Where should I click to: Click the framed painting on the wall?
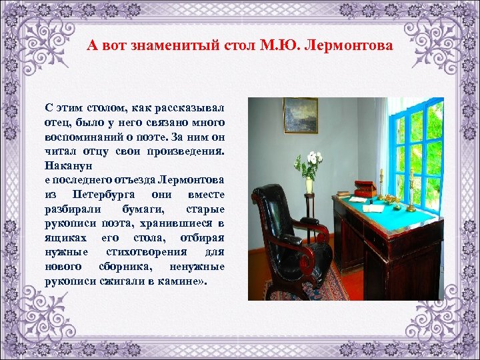coord(301,115)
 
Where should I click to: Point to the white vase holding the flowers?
coord(309,185)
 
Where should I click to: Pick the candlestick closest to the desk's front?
coord(411,193)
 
